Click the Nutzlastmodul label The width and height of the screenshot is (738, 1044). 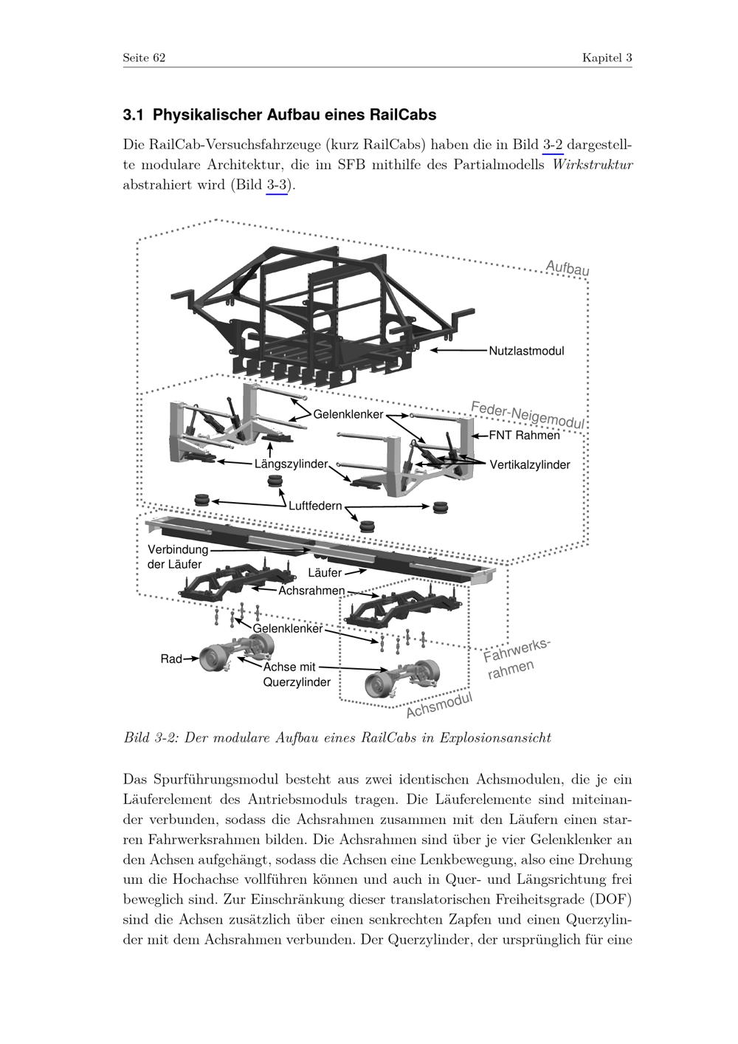click(526, 351)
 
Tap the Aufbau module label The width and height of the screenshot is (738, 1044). click(567, 268)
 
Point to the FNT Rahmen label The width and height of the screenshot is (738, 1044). click(524, 436)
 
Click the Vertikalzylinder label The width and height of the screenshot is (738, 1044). click(530, 465)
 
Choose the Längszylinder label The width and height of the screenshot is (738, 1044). click(291, 464)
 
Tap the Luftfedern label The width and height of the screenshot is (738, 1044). click(315, 506)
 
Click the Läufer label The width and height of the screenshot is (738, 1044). click(325, 573)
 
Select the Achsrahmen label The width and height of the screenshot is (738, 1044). click(311, 591)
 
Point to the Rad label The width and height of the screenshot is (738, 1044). click(171, 659)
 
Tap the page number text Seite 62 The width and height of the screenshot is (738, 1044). click(144, 58)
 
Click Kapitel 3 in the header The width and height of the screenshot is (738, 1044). click(607, 58)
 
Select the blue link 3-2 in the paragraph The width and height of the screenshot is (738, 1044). click(553, 144)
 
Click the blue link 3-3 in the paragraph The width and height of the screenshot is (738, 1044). click(277, 185)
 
